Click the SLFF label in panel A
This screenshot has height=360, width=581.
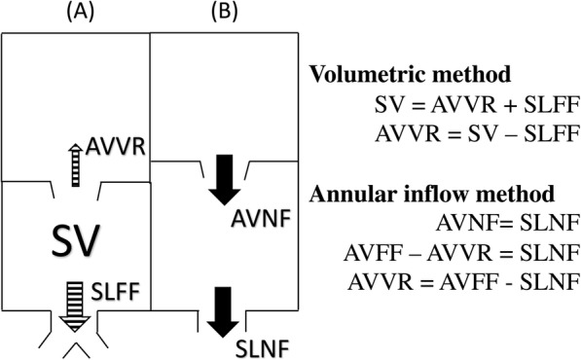coord(117,289)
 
